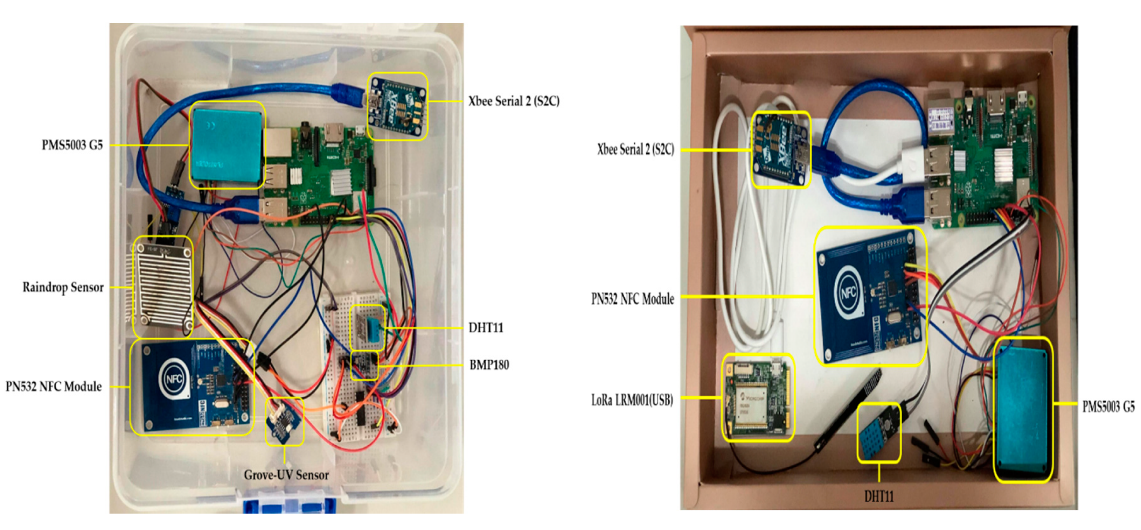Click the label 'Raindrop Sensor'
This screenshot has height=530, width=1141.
(x=63, y=287)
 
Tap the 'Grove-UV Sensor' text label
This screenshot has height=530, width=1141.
(x=286, y=475)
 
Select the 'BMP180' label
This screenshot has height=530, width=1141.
(x=489, y=365)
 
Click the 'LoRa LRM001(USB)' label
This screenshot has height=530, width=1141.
(x=632, y=400)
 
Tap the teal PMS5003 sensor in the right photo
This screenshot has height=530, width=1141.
(x=1023, y=410)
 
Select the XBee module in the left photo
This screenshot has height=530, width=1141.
(x=397, y=106)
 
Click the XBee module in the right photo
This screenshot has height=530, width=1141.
(x=781, y=149)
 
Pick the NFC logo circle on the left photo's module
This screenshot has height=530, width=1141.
(x=174, y=379)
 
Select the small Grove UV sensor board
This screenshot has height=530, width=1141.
(x=284, y=421)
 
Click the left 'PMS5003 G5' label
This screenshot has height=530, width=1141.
(x=72, y=145)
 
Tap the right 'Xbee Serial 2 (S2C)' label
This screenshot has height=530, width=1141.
(x=635, y=150)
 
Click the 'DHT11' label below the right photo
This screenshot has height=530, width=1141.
(x=879, y=496)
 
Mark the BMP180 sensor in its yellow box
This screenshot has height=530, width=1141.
(x=364, y=365)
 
